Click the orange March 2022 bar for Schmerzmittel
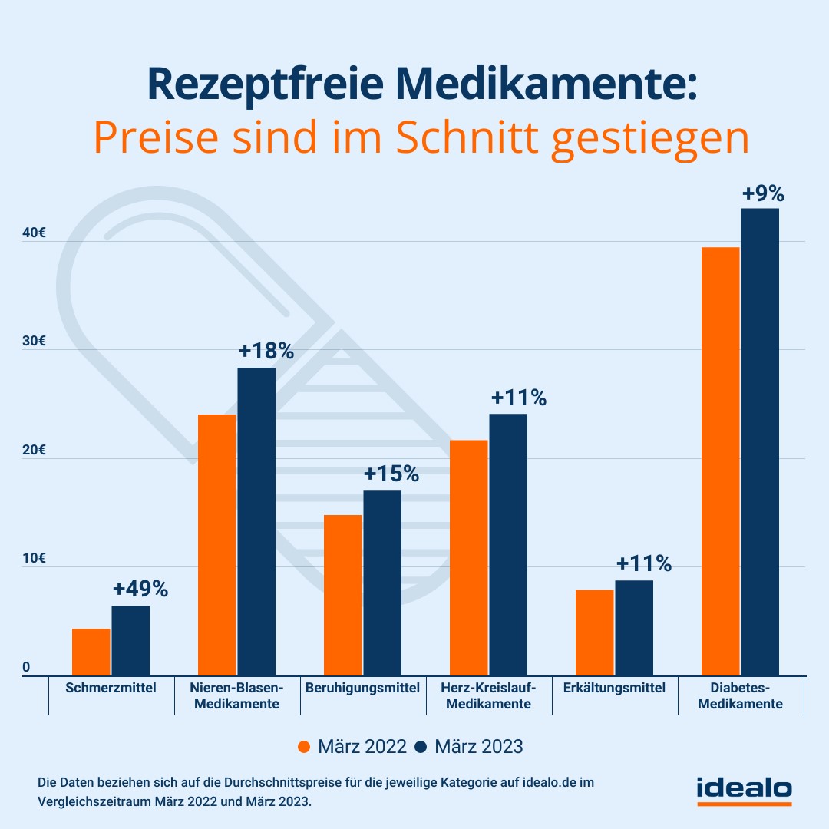(91, 652)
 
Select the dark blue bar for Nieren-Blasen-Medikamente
(256, 522)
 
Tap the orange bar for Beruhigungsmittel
(343, 595)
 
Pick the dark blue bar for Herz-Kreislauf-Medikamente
(508, 545)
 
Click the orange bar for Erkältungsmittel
(595, 632)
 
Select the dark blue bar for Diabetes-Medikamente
(760, 442)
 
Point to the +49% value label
(140, 589)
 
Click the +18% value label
(266, 351)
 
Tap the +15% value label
(391, 474)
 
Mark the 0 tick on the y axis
(26, 668)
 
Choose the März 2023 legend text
(479, 746)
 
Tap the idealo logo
(744, 789)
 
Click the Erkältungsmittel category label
(614, 688)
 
